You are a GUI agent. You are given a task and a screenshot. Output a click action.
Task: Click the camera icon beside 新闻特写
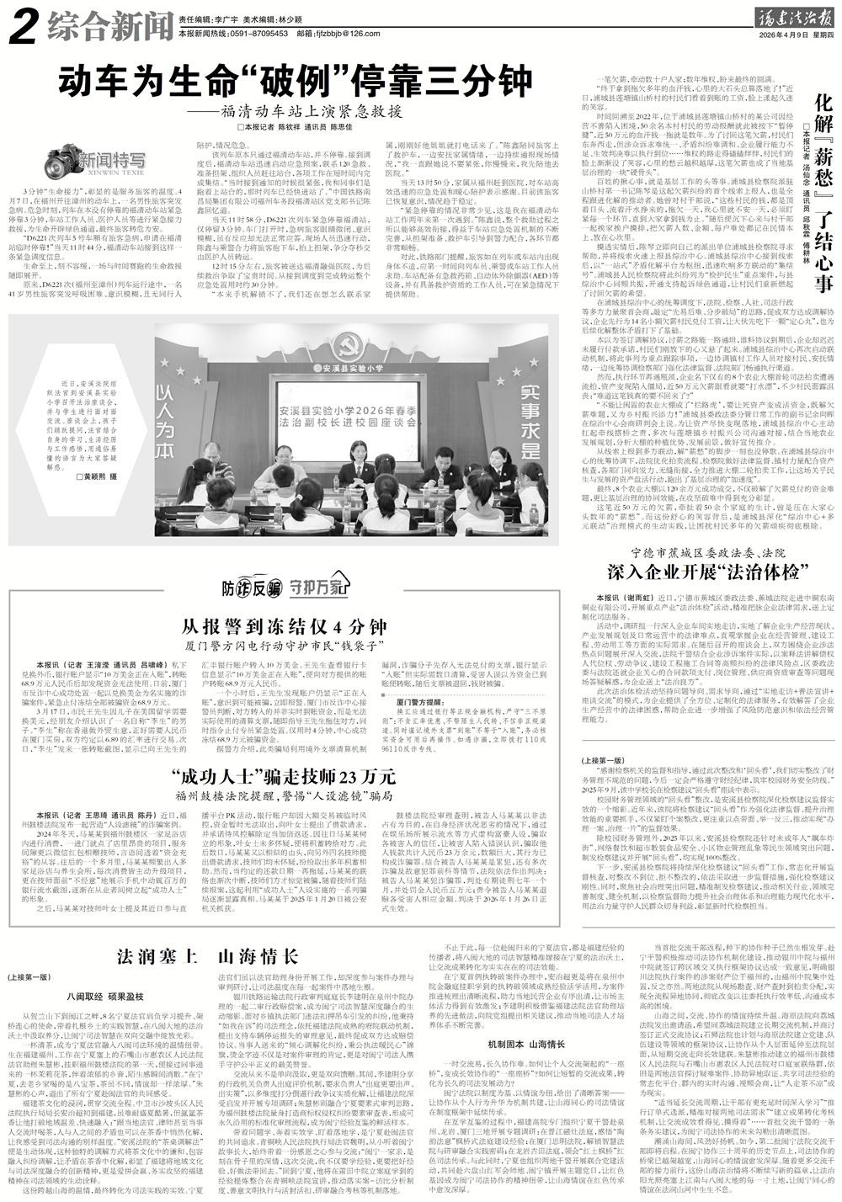coord(58,157)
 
